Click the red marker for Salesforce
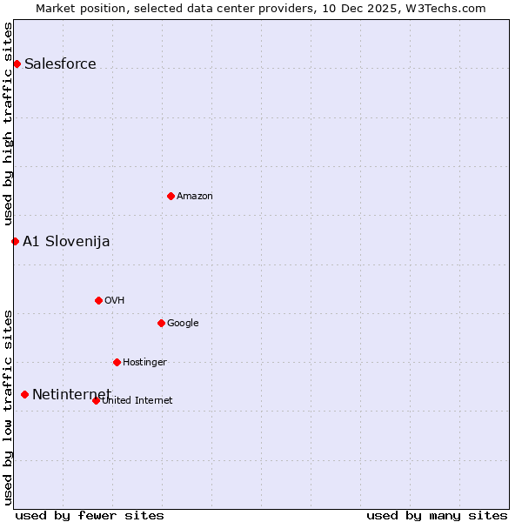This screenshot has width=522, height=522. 17,64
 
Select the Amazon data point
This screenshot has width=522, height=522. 171,196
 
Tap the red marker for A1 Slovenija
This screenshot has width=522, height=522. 15,241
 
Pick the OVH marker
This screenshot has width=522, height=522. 98,300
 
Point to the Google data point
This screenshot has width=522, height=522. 161,323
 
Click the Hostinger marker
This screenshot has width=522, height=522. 117,362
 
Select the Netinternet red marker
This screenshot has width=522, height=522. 24,394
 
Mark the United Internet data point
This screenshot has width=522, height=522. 96,400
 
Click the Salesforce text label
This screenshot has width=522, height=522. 60,64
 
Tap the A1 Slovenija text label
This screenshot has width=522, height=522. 66,241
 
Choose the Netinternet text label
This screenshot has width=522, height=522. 71,394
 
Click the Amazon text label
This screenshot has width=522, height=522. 195,196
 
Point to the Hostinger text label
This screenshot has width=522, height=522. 144,362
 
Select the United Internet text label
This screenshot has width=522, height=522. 137,400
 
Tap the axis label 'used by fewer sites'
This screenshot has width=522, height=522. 90,515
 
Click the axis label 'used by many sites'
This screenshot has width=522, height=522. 437,515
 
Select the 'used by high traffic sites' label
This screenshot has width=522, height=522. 8,124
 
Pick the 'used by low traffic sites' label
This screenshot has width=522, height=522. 8,406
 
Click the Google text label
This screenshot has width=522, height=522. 183,323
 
